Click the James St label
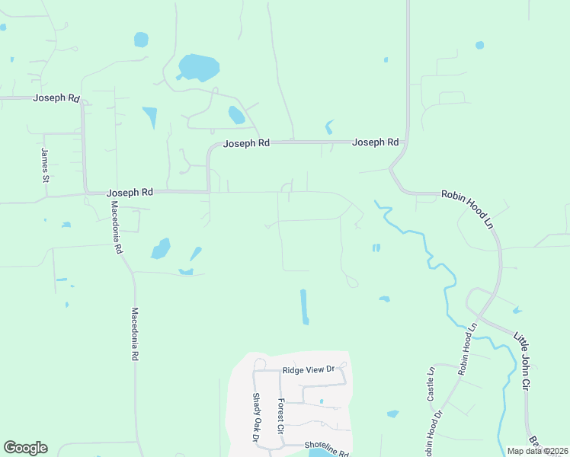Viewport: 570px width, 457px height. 45,165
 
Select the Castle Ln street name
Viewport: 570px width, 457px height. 431,384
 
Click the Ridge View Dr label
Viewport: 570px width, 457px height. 309,370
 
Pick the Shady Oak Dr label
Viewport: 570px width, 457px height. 256,417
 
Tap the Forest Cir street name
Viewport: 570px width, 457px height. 280,417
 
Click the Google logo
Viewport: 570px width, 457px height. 25,448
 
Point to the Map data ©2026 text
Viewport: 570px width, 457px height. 537,451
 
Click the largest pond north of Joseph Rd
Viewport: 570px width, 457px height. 199,67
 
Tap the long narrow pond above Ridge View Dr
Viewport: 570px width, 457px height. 305,306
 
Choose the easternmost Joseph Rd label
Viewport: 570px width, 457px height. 376,142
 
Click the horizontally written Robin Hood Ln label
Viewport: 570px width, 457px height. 468,195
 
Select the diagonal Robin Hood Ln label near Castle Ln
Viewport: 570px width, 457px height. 467,348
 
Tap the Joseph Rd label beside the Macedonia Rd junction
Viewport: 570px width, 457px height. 130,193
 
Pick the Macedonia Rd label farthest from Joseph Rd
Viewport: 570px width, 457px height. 134,334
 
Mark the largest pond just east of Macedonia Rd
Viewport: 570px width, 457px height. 161,248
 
